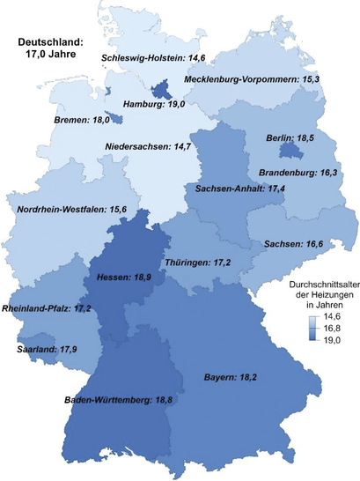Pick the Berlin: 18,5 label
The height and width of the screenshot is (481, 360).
290,138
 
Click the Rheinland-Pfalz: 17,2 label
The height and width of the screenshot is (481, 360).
49,308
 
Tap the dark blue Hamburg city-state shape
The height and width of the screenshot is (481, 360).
162,89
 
